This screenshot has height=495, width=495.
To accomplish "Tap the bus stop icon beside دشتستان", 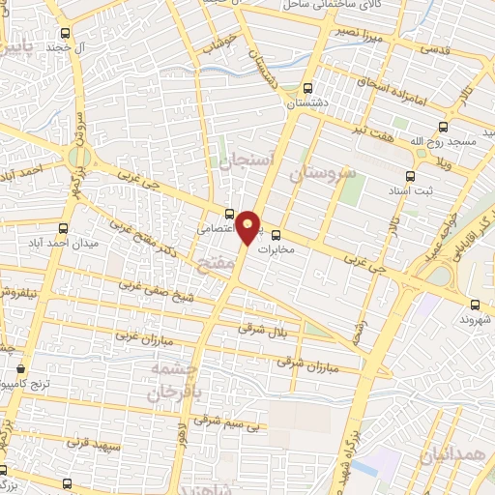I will click(308, 87).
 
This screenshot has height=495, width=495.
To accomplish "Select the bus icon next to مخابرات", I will click(276, 234).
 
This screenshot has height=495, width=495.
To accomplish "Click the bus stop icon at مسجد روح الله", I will click(444, 127).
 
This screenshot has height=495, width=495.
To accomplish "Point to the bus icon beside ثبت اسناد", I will click(410, 176).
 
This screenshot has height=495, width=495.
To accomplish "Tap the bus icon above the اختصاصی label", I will click(228, 214).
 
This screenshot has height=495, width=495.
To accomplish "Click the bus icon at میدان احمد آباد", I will click(64, 228).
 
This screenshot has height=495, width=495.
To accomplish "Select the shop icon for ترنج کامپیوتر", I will click(20, 368).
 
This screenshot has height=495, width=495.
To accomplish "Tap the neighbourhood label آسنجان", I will click(248, 160).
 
